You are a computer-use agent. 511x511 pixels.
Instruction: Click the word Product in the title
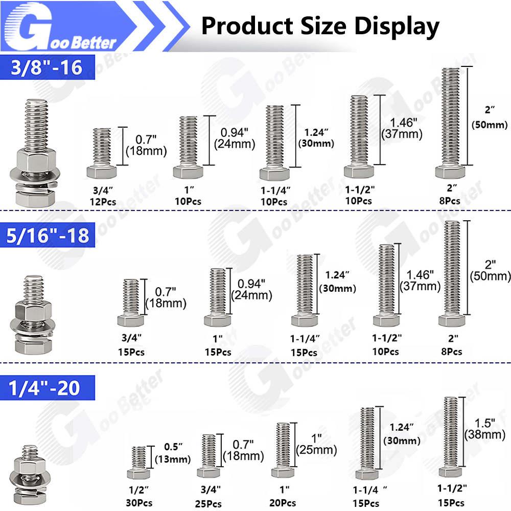247,26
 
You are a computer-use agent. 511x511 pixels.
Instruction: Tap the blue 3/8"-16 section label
47,67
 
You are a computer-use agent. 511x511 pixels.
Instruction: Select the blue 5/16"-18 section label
47,235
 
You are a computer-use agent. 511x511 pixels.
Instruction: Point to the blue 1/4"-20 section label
47,387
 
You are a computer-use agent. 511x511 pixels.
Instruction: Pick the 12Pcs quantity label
103,202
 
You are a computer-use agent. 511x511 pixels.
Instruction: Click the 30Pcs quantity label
139,502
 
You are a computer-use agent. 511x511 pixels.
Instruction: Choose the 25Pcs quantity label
208,503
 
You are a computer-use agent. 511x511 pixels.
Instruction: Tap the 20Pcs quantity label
283,503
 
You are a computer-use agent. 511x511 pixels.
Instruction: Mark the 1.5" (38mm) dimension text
485,429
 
